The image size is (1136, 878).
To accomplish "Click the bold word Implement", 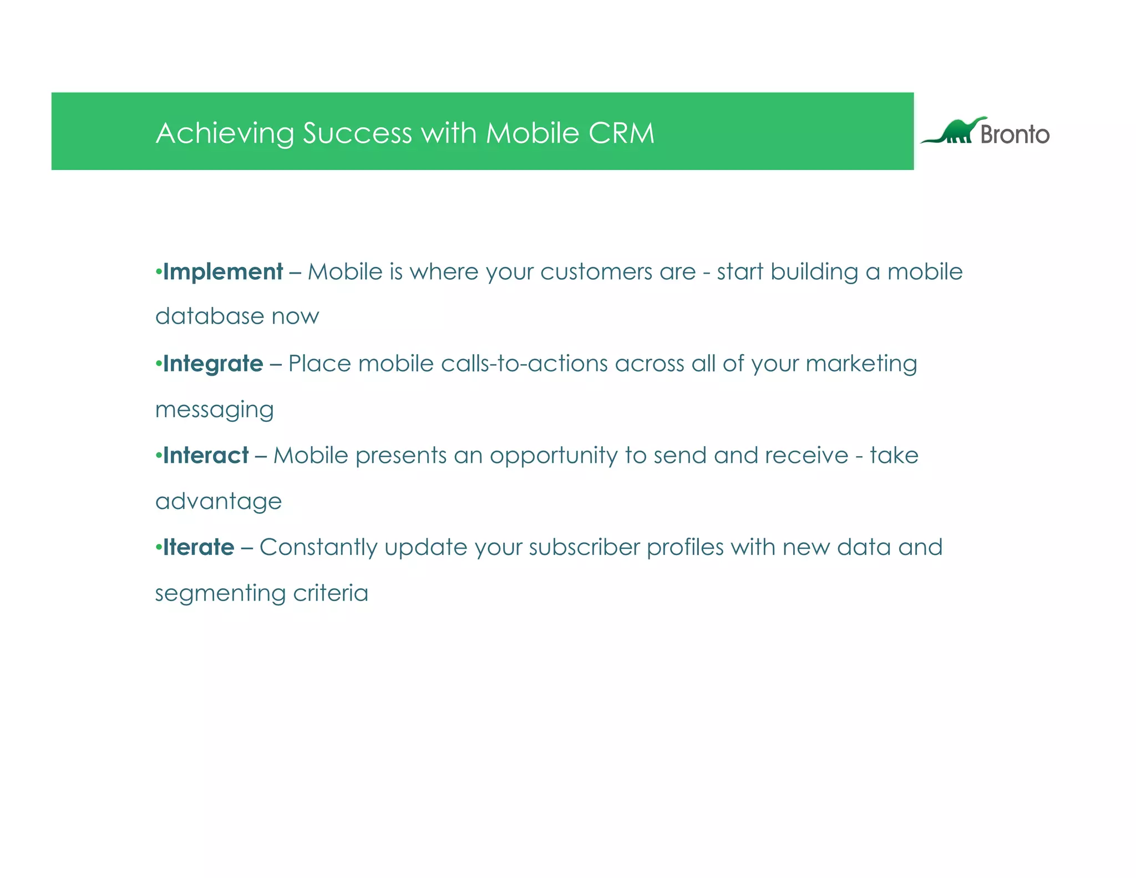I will tap(223, 272).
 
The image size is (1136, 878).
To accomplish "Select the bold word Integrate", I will tap(213, 364).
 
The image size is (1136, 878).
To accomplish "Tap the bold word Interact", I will tap(206, 456).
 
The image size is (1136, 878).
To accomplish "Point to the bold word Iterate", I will tap(199, 547).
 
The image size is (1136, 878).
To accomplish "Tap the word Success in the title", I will tap(357, 133).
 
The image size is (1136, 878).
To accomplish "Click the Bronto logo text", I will tap(1015, 134).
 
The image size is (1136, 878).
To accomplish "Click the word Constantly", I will tap(318, 547).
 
